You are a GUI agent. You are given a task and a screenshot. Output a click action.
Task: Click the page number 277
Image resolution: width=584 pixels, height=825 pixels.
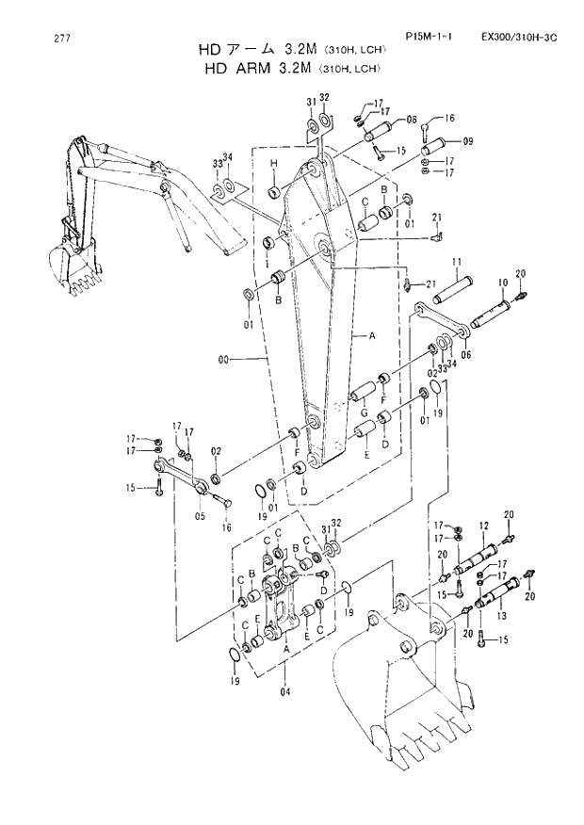(62, 39)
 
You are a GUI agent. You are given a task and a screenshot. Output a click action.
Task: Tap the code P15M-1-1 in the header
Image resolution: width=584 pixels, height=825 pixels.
(429, 37)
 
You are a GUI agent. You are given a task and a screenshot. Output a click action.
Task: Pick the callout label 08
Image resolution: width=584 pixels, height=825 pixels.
(412, 120)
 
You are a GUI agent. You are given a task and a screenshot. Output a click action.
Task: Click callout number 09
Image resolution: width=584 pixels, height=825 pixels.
(468, 141)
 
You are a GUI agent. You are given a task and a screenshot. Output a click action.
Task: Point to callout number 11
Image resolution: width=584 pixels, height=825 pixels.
(455, 261)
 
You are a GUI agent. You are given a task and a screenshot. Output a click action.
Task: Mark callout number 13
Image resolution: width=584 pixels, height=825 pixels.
(500, 615)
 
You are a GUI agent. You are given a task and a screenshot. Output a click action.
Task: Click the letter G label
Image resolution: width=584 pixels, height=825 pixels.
(364, 412)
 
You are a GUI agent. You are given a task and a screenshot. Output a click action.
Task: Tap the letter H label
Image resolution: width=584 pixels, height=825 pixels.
(272, 164)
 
